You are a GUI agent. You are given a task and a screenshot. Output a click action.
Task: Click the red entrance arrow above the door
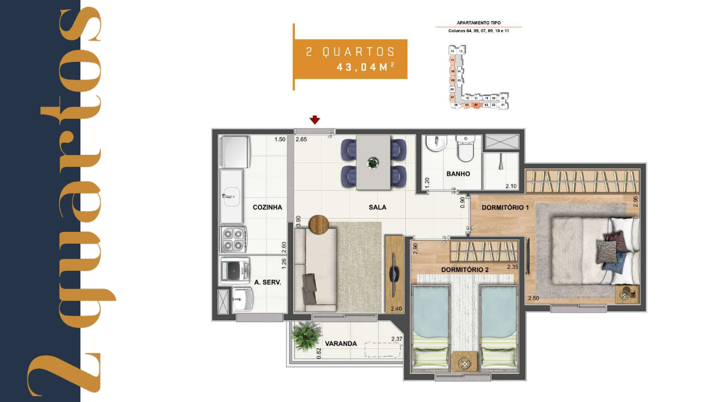(x=315, y=120)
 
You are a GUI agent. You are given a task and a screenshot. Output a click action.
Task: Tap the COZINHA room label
(x=267, y=207)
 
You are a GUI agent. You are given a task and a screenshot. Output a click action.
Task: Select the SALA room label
(x=377, y=207)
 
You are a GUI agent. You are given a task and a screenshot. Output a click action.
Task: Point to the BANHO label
(x=458, y=174)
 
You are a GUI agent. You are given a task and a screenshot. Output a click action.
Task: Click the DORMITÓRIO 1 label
(x=505, y=208)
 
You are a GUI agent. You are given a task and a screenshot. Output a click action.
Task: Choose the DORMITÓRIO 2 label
(x=465, y=270)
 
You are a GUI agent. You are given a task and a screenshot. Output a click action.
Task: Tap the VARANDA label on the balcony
(x=341, y=344)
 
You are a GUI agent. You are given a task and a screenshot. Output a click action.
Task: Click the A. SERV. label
(x=268, y=282)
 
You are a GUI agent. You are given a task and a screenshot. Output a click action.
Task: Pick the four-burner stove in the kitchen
(x=233, y=239)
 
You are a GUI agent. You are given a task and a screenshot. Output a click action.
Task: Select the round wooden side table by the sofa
(x=319, y=225)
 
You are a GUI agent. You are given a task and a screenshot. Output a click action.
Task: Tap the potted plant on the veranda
(x=306, y=336)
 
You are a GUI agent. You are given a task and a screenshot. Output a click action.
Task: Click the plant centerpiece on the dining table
(x=373, y=163)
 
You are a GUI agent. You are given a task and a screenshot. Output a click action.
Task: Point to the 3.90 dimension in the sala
(x=298, y=221)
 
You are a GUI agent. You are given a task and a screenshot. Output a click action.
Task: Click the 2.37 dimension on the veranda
(x=397, y=339)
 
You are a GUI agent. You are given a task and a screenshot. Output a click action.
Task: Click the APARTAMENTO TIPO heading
(x=479, y=23)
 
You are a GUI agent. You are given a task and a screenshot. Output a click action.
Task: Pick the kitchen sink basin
(x=232, y=197)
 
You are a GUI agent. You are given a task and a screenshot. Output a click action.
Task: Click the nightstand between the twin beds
(x=464, y=362)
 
